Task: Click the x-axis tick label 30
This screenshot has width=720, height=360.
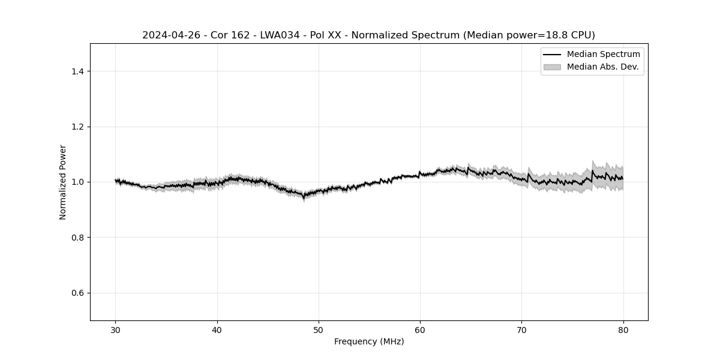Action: (x=116, y=329)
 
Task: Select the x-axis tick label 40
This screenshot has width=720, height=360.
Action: (x=217, y=329)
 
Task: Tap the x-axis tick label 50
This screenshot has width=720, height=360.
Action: (x=319, y=329)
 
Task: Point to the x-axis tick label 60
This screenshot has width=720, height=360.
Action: (x=420, y=329)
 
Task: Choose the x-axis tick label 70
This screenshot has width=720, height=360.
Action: (x=521, y=329)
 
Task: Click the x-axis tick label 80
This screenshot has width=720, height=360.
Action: (x=623, y=329)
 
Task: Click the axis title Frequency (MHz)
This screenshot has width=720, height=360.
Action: (x=369, y=341)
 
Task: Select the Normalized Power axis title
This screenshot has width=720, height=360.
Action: (x=63, y=182)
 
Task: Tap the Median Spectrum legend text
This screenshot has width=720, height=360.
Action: (x=603, y=55)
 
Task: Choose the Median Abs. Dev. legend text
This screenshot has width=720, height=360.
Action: (x=602, y=67)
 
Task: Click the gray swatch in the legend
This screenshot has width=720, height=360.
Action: (x=552, y=67)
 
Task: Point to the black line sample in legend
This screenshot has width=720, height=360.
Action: (x=552, y=55)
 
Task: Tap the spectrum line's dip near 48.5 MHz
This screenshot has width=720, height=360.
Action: (x=304, y=196)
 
